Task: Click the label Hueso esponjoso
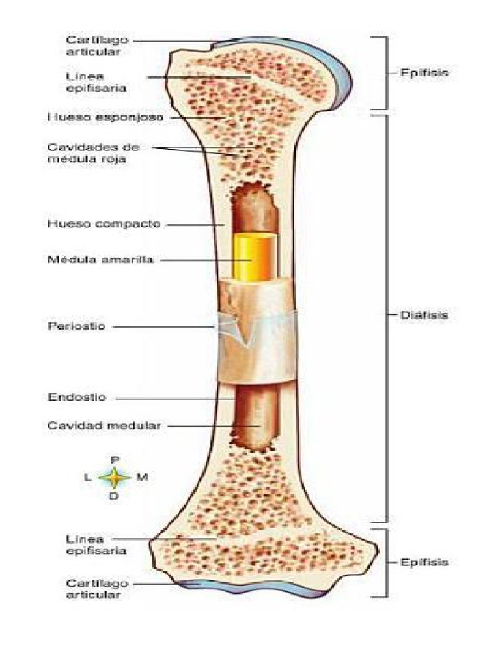pyautogui.click(x=96, y=117)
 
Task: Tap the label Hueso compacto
pyautogui.click(x=94, y=224)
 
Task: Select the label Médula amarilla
pyautogui.click(x=100, y=259)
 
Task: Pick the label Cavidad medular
pyautogui.click(x=104, y=425)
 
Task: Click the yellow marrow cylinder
pyautogui.click(x=255, y=256)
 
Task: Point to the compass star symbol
pyautogui.click(x=115, y=477)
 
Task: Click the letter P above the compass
pyautogui.click(x=115, y=459)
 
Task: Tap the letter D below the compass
pyautogui.click(x=115, y=496)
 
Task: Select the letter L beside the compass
pyautogui.click(x=88, y=477)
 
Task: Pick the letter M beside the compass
pyautogui.click(x=142, y=477)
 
